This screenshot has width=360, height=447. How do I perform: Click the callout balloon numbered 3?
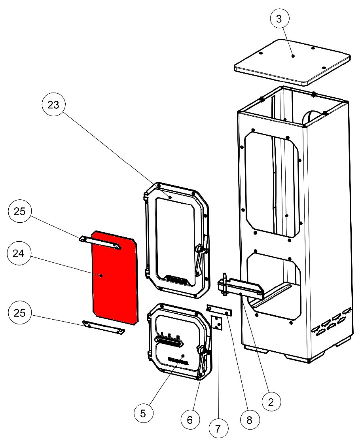pyautogui.click(x=280, y=19)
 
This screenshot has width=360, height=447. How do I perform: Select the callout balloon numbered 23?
pyautogui.click(x=54, y=105)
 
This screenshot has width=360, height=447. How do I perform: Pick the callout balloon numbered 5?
pyautogui.click(x=143, y=413)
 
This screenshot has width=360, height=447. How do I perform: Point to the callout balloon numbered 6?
pyautogui.click(x=189, y=420)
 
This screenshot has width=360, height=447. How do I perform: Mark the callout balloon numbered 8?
pyautogui.click(x=249, y=420)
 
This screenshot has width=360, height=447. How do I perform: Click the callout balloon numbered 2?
pyautogui.click(x=271, y=402)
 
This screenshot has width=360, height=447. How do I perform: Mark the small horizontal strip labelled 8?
pyautogui.click(x=219, y=310)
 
